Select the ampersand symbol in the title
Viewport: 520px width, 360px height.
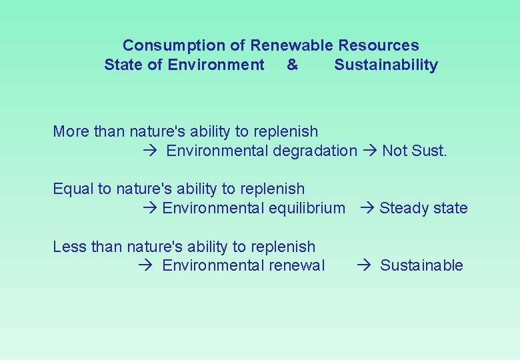(292, 65)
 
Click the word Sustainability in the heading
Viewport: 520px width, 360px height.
(386, 65)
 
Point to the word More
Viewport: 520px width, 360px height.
(71, 131)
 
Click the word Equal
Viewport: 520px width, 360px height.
(73, 189)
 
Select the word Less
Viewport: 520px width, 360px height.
(70, 246)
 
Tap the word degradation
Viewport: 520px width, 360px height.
(315, 151)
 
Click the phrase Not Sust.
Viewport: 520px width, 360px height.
(414, 151)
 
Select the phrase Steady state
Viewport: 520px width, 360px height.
(423, 208)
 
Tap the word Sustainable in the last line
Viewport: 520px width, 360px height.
(421, 265)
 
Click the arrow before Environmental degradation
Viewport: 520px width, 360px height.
(150, 151)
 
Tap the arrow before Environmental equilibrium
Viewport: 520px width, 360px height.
(150, 209)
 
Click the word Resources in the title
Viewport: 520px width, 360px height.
(379, 45)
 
